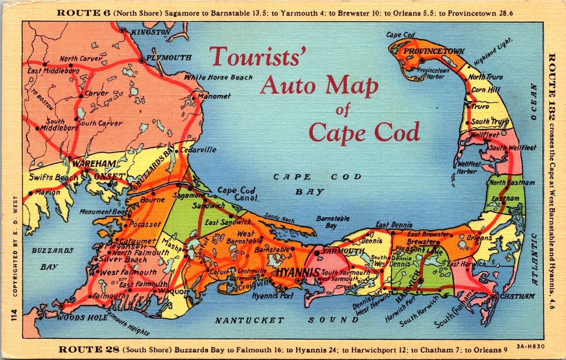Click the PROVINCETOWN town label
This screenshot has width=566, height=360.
[x=434, y=52]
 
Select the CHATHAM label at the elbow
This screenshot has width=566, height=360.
[x=517, y=296]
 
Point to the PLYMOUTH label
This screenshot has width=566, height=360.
[x=169, y=58]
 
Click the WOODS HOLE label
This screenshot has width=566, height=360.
[x=82, y=318]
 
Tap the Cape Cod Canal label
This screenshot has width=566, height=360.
[x=237, y=194]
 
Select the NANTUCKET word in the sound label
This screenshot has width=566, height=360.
[x=250, y=320]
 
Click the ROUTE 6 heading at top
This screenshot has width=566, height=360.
[x=79, y=13]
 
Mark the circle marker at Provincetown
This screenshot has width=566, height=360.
[x=422, y=60]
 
